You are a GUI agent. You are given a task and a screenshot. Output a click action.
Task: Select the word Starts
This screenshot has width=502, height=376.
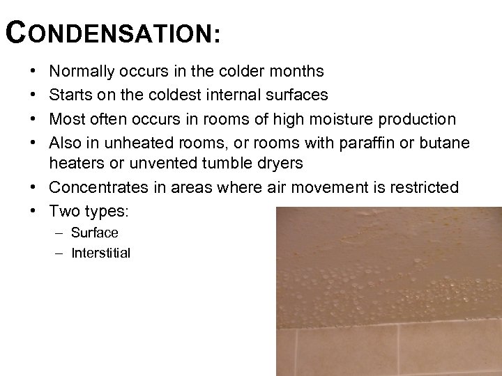click(69, 95)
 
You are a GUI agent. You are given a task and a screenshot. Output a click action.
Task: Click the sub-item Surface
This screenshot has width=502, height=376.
click(95, 233)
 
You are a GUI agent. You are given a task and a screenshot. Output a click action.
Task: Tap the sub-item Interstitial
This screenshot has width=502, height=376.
click(101, 253)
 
